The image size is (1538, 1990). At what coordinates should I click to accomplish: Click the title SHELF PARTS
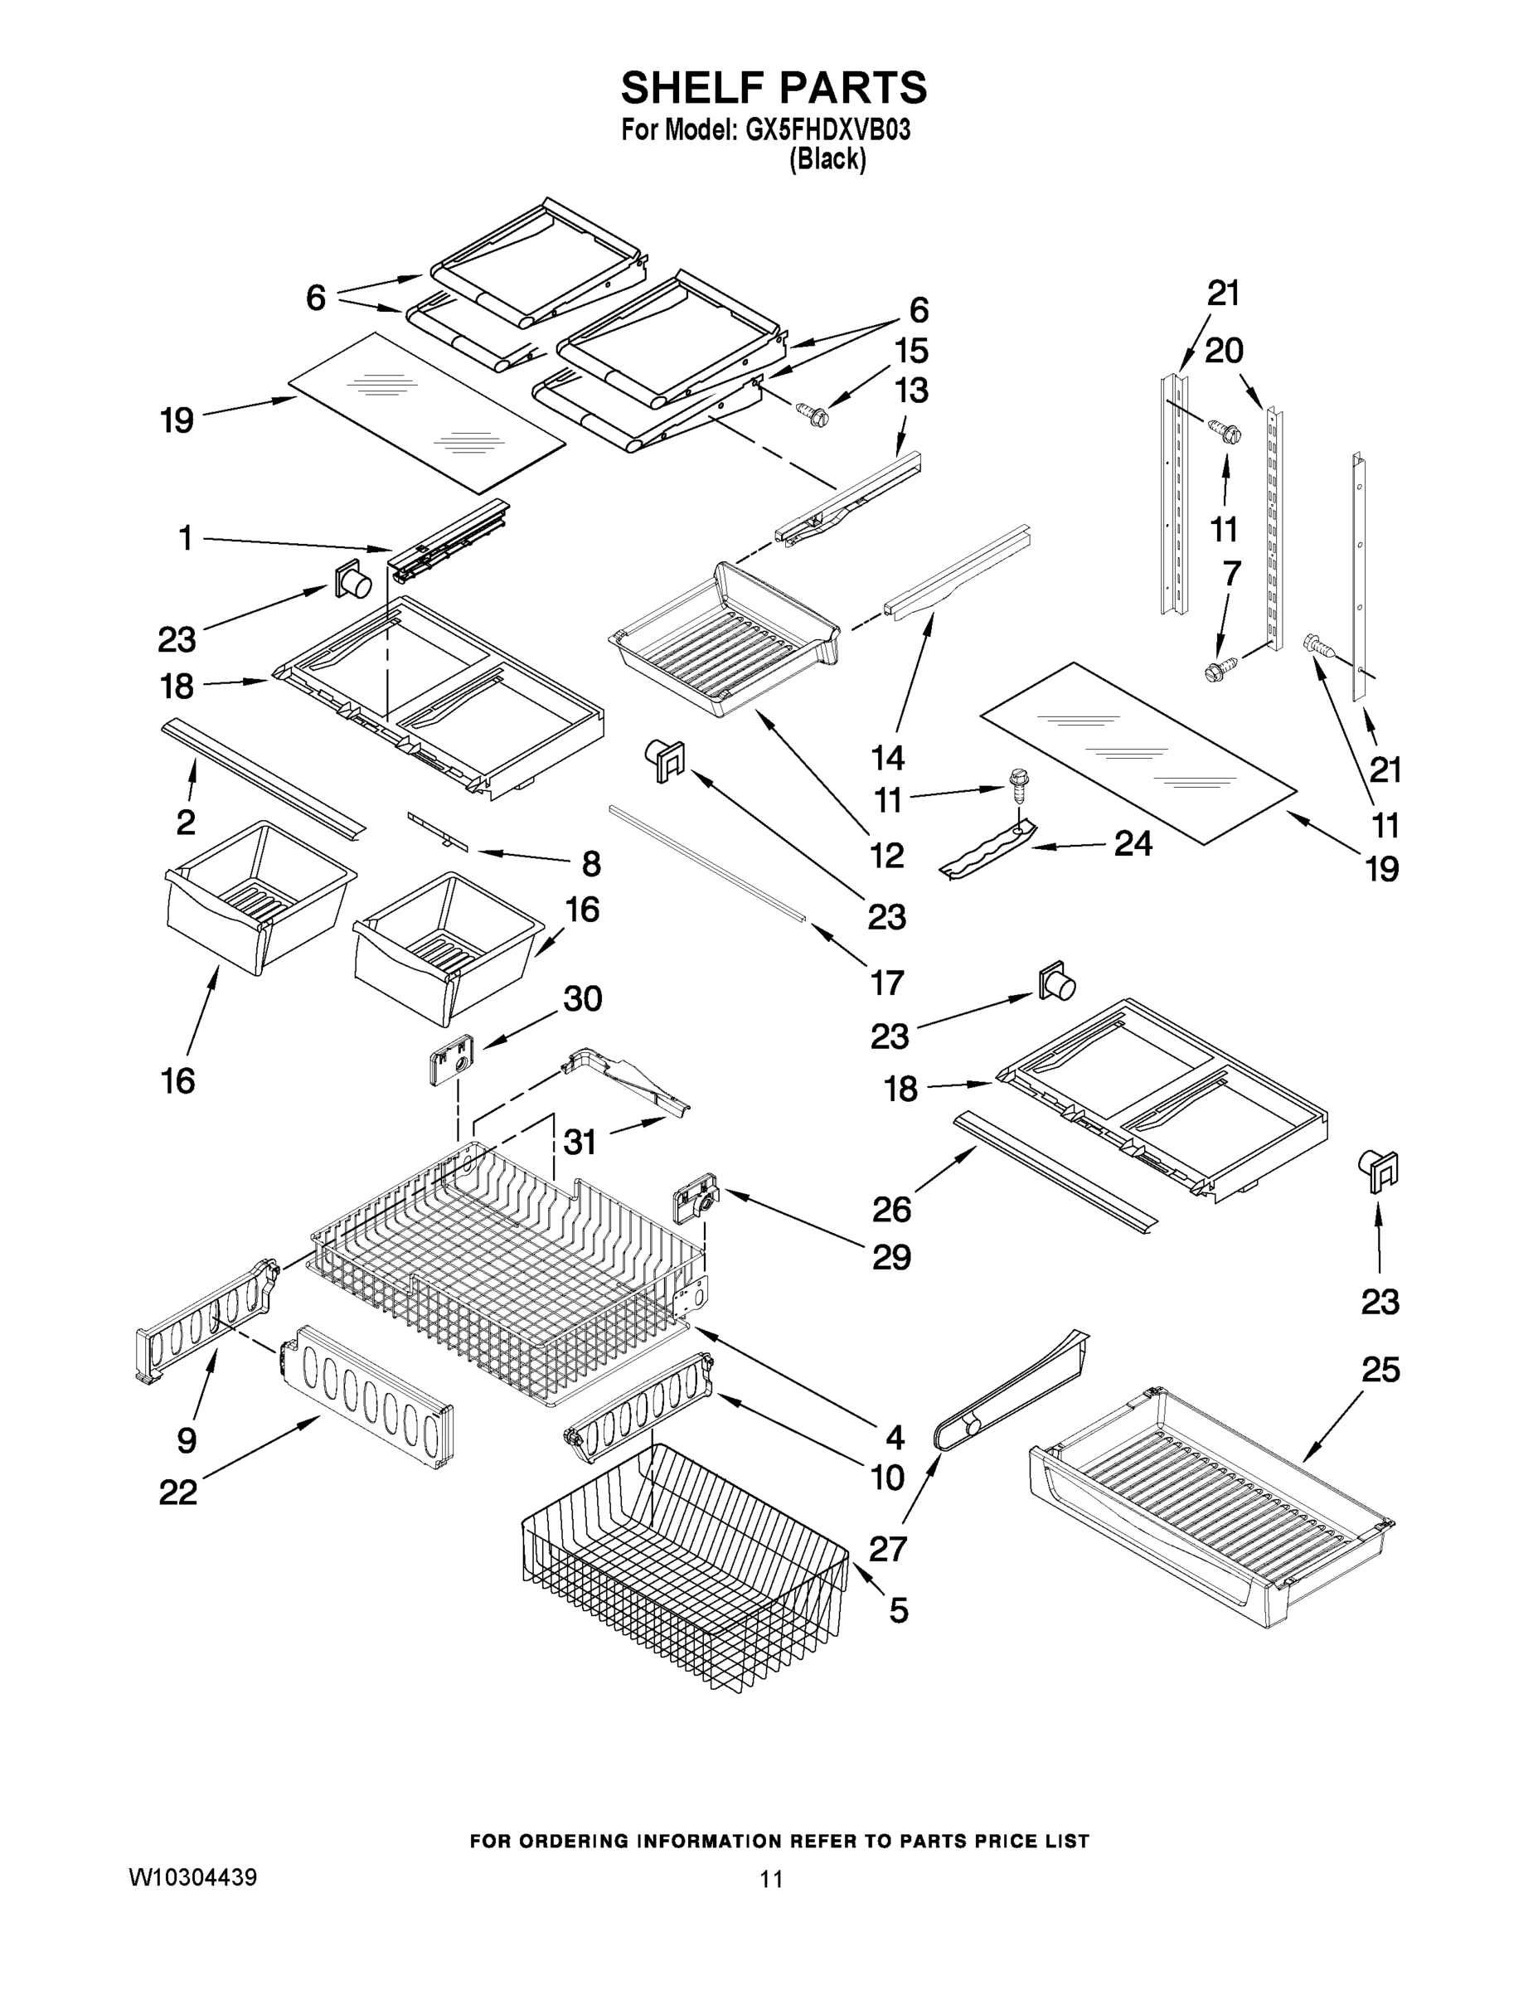point(774,89)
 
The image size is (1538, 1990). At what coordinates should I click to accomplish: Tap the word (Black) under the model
point(827,159)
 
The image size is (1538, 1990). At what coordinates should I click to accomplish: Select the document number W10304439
point(192,1877)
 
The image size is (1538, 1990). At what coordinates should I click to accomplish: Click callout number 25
point(1380,1370)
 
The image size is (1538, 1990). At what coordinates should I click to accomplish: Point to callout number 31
point(580,1141)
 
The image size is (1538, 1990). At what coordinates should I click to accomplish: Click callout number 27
point(887,1548)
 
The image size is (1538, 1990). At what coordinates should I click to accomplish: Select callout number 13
point(911,390)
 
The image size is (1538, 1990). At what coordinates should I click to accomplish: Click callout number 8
point(591,863)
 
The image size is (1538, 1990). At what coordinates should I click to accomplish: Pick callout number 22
point(177,1492)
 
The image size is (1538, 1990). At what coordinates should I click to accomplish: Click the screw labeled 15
point(812,415)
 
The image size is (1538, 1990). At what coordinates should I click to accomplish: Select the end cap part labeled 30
point(450,1060)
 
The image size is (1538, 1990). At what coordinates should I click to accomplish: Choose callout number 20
point(1224,350)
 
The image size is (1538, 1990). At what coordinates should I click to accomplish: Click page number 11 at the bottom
point(771,1879)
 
